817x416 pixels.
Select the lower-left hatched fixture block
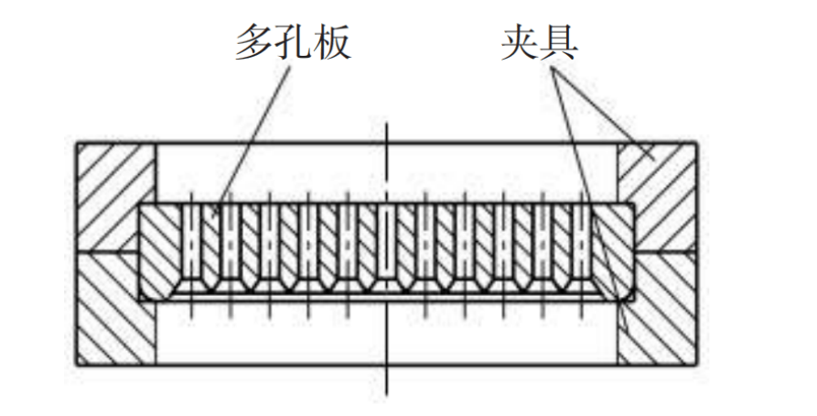114,312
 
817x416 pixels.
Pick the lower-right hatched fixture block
659,312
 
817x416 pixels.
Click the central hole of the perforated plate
388,243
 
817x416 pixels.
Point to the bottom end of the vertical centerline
388,394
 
